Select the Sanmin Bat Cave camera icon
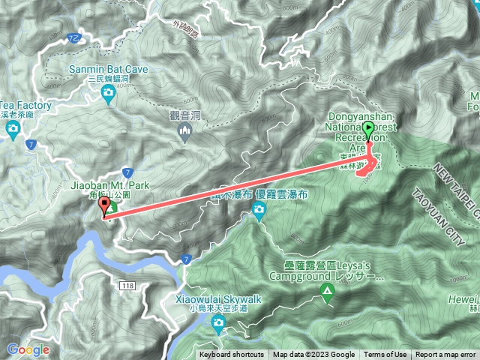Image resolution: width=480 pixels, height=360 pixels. coord(109,93)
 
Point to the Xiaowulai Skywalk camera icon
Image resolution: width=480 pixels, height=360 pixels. coord(218,324)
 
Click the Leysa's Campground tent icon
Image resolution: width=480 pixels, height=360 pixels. coord(327,290)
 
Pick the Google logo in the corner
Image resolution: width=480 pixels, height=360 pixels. coord(28,349)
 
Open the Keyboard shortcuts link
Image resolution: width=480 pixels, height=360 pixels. coord(232,355)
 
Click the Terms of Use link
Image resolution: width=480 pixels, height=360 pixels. coord(386,355)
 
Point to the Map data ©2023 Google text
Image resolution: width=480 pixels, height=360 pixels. coord(314,355)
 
